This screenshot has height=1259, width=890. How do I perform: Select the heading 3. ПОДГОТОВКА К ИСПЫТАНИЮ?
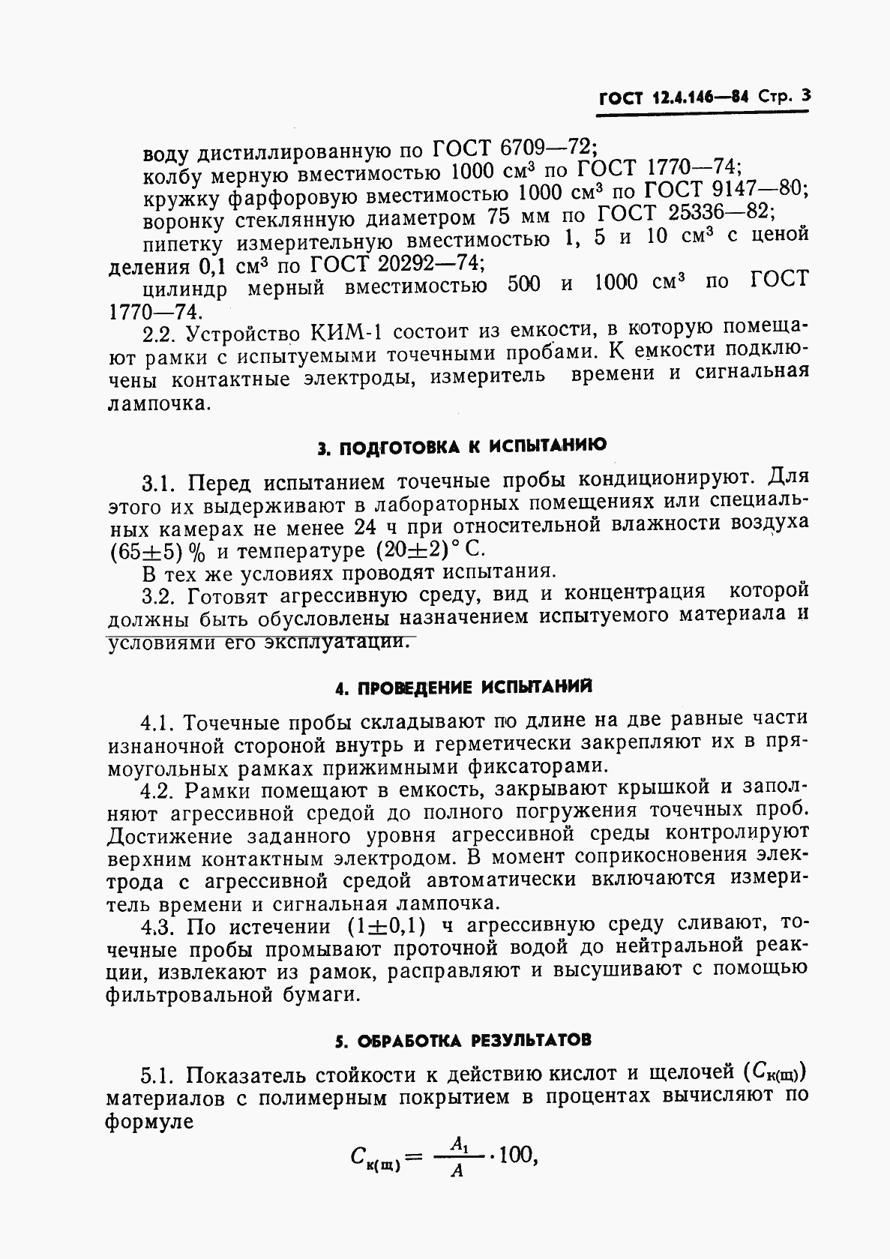pyautogui.click(x=463, y=448)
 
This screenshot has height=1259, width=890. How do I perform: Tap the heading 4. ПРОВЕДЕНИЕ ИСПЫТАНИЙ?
pyautogui.click(x=463, y=688)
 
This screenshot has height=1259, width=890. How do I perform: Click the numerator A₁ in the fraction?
pyautogui.click(x=459, y=1144)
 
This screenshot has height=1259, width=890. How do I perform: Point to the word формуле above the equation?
pyautogui.click(x=150, y=1123)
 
